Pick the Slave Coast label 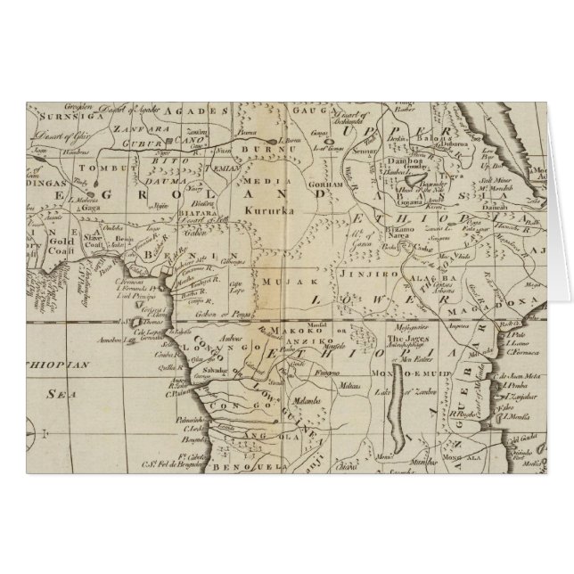point(89,239)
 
